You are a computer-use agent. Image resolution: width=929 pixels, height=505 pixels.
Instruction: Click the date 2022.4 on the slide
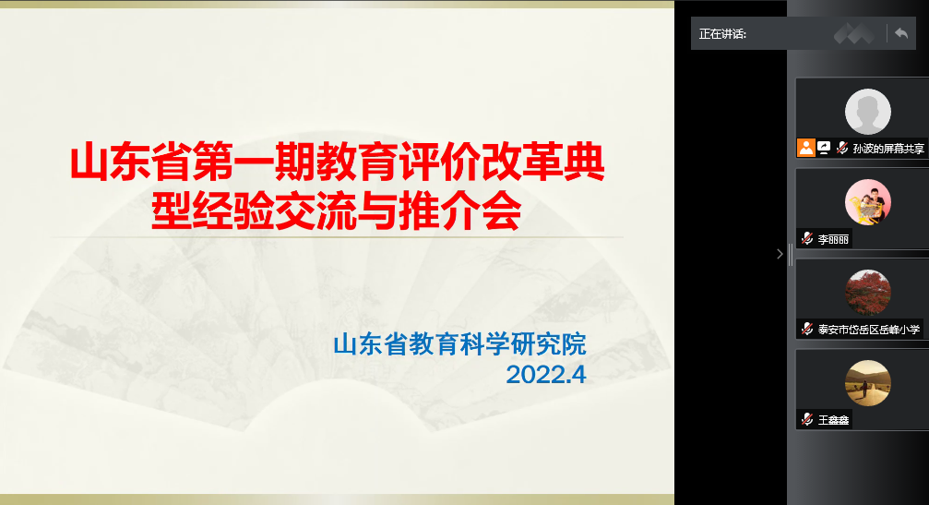point(545,375)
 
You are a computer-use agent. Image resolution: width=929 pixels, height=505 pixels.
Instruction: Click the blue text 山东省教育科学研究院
point(459,344)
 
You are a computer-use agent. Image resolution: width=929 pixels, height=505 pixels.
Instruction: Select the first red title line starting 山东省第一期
point(337,162)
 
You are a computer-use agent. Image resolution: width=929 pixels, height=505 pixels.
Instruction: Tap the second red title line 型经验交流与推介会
point(337,211)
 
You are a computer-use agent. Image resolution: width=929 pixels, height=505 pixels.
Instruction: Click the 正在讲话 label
point(722,34)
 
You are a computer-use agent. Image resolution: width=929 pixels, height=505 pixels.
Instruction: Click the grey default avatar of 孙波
point(867,112)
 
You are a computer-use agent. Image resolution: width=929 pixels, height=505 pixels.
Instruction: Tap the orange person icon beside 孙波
point(805,148)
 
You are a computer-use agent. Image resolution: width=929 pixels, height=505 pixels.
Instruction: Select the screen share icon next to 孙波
point(824,148)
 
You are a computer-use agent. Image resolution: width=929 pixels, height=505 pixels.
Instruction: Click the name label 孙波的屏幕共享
point(888,149)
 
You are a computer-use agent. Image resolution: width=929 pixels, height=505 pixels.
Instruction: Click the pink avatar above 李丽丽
point(867,202)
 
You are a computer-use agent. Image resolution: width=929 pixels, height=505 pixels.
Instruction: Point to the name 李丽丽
point(833,239)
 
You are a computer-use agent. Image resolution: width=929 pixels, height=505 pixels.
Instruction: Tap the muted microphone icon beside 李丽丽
point(807,239)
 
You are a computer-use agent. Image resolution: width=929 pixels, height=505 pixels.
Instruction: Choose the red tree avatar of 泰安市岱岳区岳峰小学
point(867,293)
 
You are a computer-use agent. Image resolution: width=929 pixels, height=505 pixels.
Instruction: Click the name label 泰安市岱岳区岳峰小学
point(868,330)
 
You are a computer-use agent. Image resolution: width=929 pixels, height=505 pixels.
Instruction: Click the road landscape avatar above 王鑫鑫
point(867,383)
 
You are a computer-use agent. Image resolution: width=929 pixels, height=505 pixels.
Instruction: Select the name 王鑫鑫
point(833,420)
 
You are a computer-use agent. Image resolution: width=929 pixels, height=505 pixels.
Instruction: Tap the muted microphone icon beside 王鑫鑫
point(807,419)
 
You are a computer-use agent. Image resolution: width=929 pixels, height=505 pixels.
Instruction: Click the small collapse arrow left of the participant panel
point(780,254)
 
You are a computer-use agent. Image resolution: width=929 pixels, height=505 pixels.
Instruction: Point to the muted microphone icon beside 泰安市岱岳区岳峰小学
point(807,329)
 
